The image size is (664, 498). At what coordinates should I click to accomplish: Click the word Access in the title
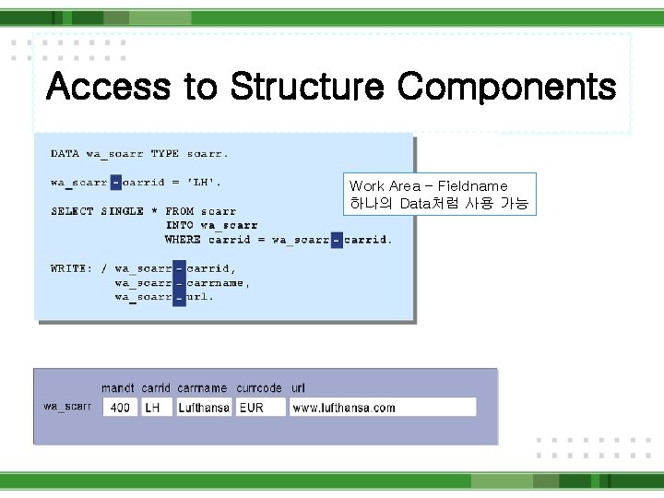click(108, 88)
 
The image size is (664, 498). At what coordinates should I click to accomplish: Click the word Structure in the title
click(307, 88)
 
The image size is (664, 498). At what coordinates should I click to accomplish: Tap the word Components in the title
click(506, 88)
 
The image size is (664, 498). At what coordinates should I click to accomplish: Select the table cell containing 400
click(120, 407)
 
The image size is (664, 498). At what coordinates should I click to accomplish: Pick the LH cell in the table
click(154, 407)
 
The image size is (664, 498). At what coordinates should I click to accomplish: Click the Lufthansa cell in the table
click(203, 407)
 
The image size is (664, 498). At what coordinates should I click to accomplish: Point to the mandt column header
click(118, 388)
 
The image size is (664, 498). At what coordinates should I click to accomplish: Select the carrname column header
click(202, 388)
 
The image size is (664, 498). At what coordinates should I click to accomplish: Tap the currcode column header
click(259, 388)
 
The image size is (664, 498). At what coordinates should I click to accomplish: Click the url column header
click(298, 388)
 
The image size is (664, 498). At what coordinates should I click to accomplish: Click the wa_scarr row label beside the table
click(67, 407)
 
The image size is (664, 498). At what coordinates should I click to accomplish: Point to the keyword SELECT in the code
click(72, 211)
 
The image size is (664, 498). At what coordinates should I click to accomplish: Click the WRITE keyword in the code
click(70, 268)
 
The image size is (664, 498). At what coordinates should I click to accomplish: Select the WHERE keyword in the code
click(184, 240)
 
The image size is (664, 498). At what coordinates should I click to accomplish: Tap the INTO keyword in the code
click(181, 225)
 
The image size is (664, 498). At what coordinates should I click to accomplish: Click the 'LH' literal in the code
click(205, 183)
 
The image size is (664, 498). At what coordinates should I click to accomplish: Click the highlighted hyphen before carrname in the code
click(179, 283)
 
